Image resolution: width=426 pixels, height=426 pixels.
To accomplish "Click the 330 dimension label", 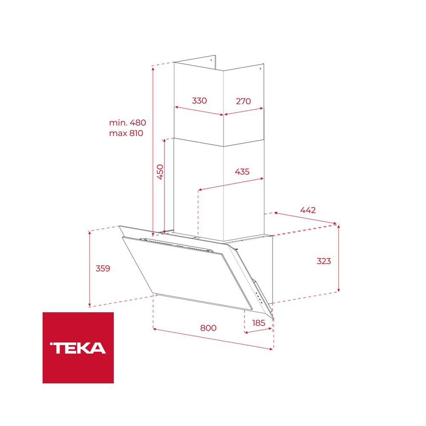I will [x=199, y=101].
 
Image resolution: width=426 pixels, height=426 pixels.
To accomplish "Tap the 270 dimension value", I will [x=243, y=101].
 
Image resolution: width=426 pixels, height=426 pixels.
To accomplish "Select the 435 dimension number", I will [x=242, y=172].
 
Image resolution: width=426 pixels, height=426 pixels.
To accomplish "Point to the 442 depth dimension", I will [x=308, y=210].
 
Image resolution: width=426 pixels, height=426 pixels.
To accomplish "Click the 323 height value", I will [x=324, y=261].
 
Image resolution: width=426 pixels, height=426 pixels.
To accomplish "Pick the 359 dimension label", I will [x=103, y=268].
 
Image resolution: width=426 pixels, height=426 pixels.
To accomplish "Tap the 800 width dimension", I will [x=208, y=328].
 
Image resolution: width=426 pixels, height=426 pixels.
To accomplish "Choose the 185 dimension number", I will [x=259, y=323].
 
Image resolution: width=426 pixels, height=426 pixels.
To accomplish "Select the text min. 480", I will [x=127, y=123].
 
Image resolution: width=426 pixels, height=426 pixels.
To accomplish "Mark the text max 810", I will [x=126, y=133].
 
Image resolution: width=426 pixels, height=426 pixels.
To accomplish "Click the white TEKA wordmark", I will [x=78, y=348].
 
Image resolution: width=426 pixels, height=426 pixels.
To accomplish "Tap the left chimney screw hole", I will [x=212, y=60].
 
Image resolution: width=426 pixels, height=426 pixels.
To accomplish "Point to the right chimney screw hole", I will [x=261, y=69].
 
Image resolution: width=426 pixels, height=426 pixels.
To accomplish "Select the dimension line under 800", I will [x=213, y=339].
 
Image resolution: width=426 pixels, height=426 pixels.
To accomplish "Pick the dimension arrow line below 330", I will [x=199, y=111].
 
